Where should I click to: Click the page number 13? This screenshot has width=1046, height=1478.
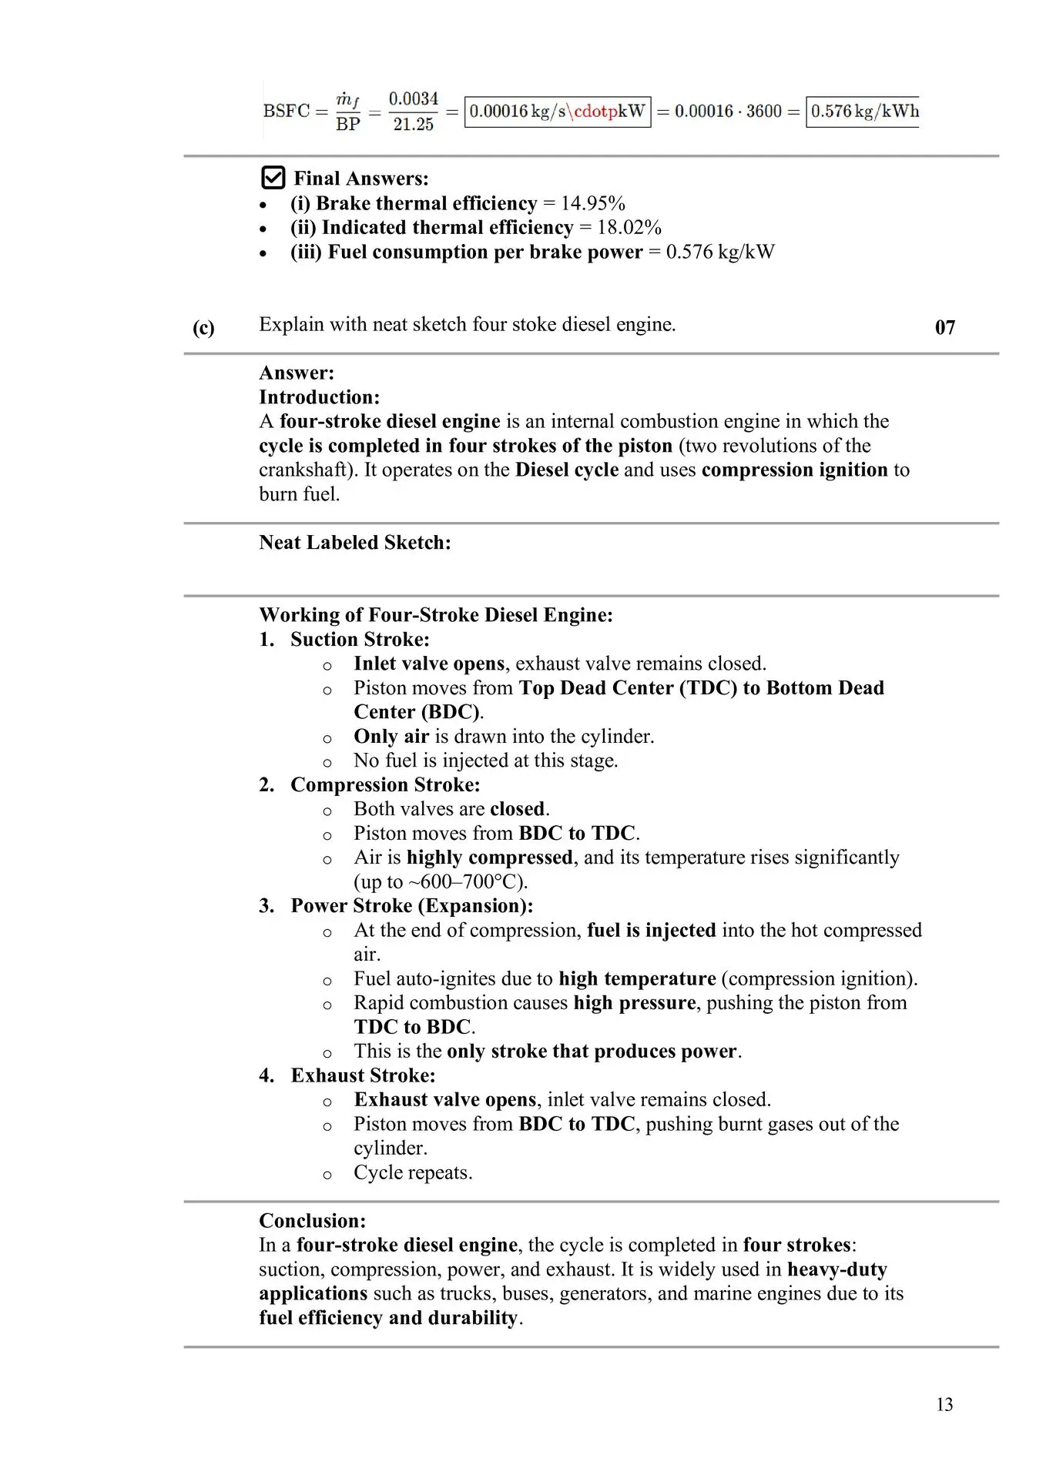944,1405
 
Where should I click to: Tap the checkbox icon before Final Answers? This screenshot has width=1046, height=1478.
273,178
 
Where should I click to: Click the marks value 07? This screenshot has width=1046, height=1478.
944,328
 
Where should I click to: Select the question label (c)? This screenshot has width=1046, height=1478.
203,328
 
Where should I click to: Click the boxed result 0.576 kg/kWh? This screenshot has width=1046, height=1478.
864,112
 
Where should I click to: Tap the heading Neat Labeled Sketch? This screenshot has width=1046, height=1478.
355,543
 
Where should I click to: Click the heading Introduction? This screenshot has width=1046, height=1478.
319,397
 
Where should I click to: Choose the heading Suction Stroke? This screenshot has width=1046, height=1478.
360,640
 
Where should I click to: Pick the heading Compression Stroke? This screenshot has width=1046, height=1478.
385,785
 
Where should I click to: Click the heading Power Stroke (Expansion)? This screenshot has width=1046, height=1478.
411,906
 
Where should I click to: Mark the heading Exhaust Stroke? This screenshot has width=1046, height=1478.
363,1075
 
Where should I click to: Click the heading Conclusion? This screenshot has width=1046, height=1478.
312,1221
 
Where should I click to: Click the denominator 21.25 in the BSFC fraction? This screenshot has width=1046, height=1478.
414,125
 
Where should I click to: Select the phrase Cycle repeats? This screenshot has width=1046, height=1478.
413,1173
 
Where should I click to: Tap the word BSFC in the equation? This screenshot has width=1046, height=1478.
287,112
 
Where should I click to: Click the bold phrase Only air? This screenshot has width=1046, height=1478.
391,737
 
